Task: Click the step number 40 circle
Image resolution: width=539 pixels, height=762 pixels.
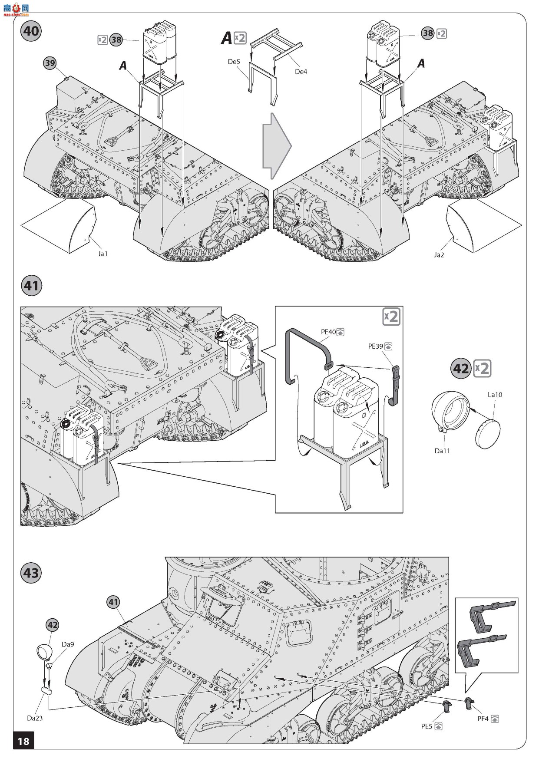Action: [31, 31]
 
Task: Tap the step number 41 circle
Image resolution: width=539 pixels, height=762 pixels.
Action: [31, 286]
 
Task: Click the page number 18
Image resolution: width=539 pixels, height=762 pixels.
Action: [23, 740]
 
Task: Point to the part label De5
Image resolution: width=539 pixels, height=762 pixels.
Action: [234, 62]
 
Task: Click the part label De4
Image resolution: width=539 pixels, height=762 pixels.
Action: [301, 72]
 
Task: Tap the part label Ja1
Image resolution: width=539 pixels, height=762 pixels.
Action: [103, 254]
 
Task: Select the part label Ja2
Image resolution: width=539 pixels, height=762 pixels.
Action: [439, 255]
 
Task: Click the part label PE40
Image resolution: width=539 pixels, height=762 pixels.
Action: [328, 332]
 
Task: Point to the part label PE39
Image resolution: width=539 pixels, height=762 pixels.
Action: [376, 346]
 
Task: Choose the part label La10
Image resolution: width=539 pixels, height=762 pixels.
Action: [495, 394]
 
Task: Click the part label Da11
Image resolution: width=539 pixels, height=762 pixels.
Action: [442, 451]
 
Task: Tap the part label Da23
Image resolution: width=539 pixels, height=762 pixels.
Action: [35, 718]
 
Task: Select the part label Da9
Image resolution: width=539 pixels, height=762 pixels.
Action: [68, 644]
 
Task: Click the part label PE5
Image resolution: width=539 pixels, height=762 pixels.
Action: [427, 726]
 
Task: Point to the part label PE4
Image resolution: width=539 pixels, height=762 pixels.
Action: [483, 719]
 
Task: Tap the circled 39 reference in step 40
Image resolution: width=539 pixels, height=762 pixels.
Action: [50, 63]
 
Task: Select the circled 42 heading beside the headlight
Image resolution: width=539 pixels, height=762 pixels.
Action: [461, 369]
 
